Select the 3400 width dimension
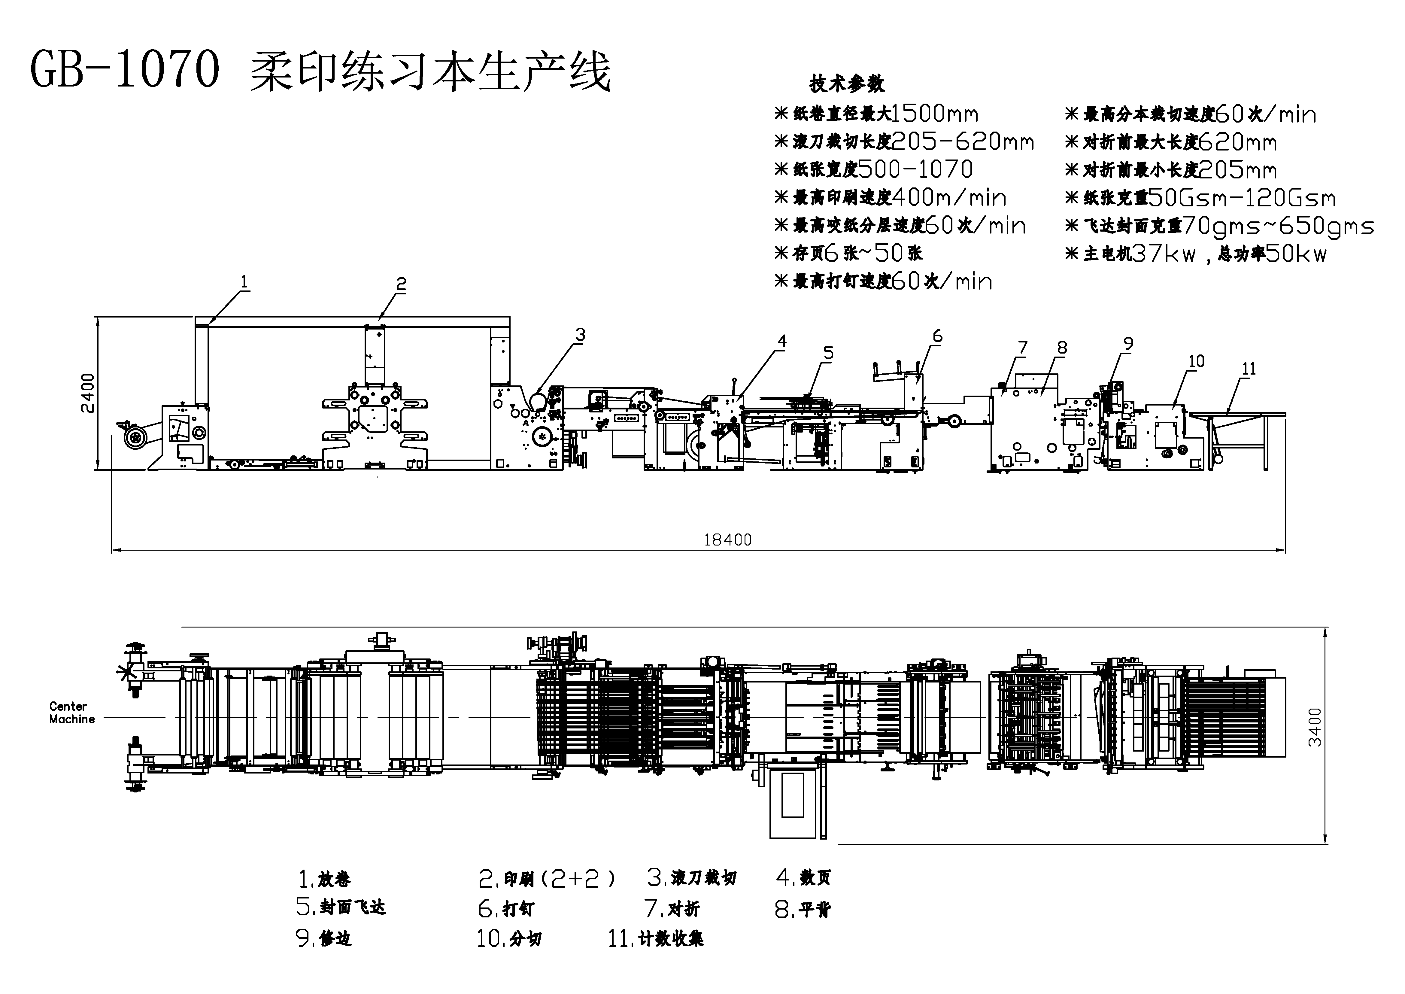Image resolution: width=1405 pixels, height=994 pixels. coord(1314,727)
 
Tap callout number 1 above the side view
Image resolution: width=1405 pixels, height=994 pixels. coord(244,282)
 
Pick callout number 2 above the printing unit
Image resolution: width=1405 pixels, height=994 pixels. coord(401,284)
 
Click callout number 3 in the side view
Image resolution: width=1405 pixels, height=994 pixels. coord(580,335)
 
